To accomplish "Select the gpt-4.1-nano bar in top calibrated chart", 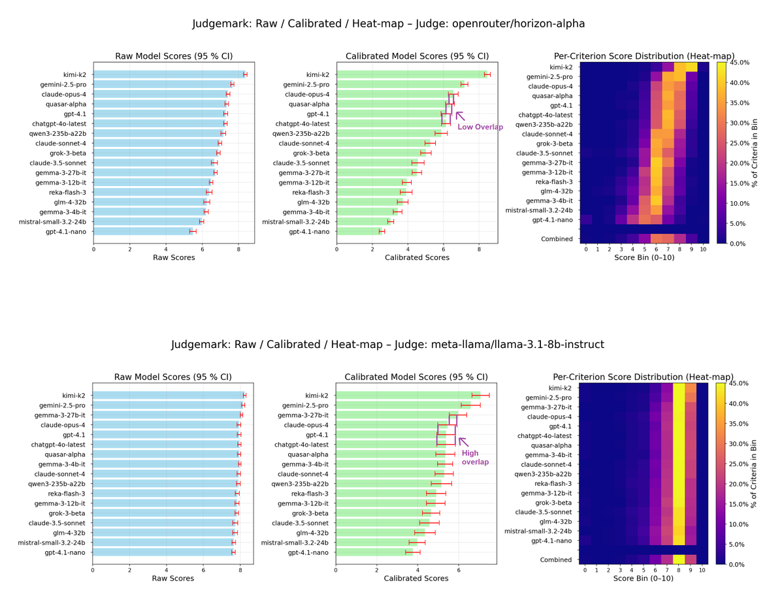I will click(x=359, y=232).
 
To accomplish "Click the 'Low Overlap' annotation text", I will click(x=480, y=127).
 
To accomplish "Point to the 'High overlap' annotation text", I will click(x=475, y=458).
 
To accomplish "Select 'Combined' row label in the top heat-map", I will click(x=557, y=239).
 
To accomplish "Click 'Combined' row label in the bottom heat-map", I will click(x=557, y=560).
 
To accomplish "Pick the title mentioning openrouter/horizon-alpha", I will click(x=388, y=24).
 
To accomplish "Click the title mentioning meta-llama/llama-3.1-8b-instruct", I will click(x=388, y=344).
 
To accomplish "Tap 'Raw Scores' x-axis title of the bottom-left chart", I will click(x=172, y=578).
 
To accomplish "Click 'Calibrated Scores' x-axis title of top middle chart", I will click(x=416, y=257).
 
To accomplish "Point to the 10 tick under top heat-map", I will click(x=702, y=249).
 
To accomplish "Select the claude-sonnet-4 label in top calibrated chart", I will click(x=304, y=144).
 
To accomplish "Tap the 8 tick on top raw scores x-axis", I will click(x=238, y=249).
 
